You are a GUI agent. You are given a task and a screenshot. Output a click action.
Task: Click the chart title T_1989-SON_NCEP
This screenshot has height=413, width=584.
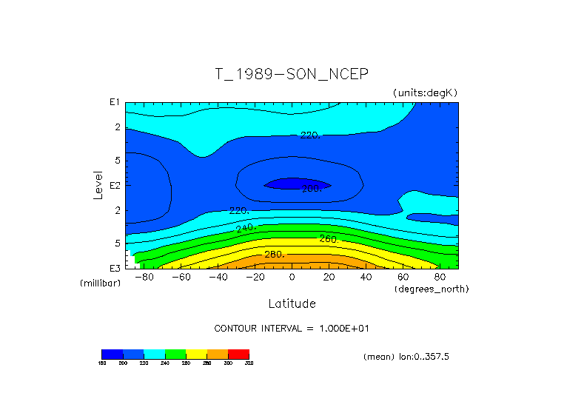click(291, 74)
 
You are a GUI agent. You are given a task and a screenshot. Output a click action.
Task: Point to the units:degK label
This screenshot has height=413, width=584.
click(426, 93)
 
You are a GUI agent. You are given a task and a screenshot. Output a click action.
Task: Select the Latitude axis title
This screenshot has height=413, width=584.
click(292, 303)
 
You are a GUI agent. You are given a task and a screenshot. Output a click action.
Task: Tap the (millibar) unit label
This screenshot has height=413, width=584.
click(100, 283)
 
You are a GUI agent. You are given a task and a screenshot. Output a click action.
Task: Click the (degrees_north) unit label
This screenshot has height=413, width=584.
click(432, 288)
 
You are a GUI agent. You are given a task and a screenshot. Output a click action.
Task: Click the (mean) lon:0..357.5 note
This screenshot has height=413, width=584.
click(406, 357)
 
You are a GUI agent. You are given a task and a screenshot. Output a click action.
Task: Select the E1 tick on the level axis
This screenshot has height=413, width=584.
click(115, 102)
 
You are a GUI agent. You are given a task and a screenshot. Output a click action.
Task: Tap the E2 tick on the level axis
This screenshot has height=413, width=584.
click(115, 185)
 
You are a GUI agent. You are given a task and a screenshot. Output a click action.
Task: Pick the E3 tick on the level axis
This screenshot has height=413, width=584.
click(115, 268)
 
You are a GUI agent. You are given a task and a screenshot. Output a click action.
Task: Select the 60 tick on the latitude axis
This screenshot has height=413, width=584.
click(403, 278)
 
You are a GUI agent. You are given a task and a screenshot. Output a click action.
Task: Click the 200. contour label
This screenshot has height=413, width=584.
click(311, 189)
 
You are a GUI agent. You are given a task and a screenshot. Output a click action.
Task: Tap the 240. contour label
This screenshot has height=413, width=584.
click(245, 227)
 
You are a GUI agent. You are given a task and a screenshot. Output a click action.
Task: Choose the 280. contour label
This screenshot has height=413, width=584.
click(274, 255)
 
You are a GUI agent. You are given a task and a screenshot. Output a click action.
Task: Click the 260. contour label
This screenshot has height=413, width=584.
click(329, 239)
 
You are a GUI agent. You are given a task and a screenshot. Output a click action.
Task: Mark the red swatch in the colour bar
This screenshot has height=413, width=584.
click(238, 354)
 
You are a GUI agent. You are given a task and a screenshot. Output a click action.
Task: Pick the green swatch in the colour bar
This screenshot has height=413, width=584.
click(175, 354)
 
